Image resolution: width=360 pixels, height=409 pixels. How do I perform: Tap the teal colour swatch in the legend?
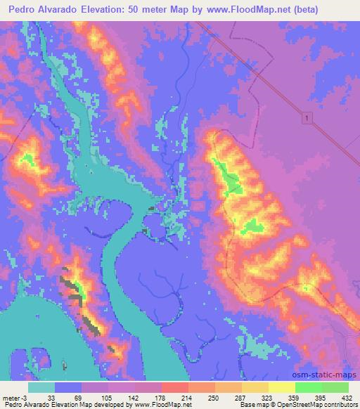point(41,387)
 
